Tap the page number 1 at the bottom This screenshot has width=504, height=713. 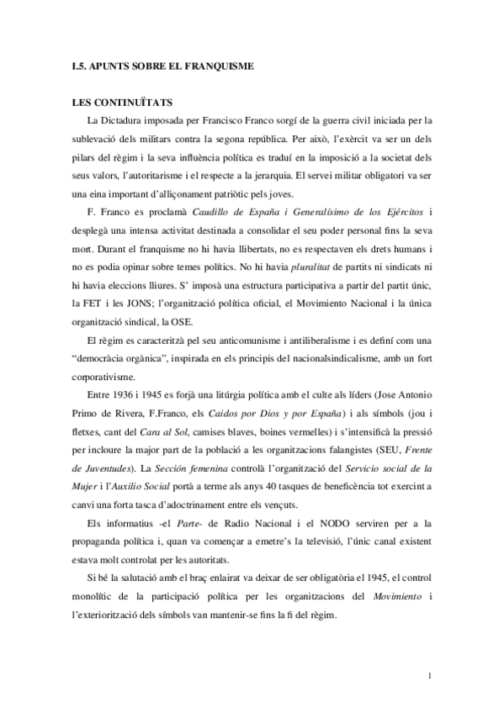click(x=429, y=675)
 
